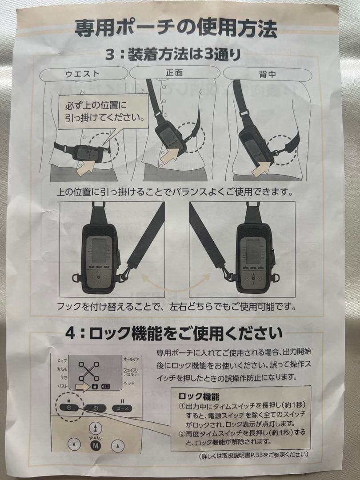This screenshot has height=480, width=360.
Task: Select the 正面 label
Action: [x=174, y=72]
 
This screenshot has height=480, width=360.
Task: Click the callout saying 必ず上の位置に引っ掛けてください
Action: [x=102, y=112]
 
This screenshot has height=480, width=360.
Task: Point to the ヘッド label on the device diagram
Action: [x=128, y=383]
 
